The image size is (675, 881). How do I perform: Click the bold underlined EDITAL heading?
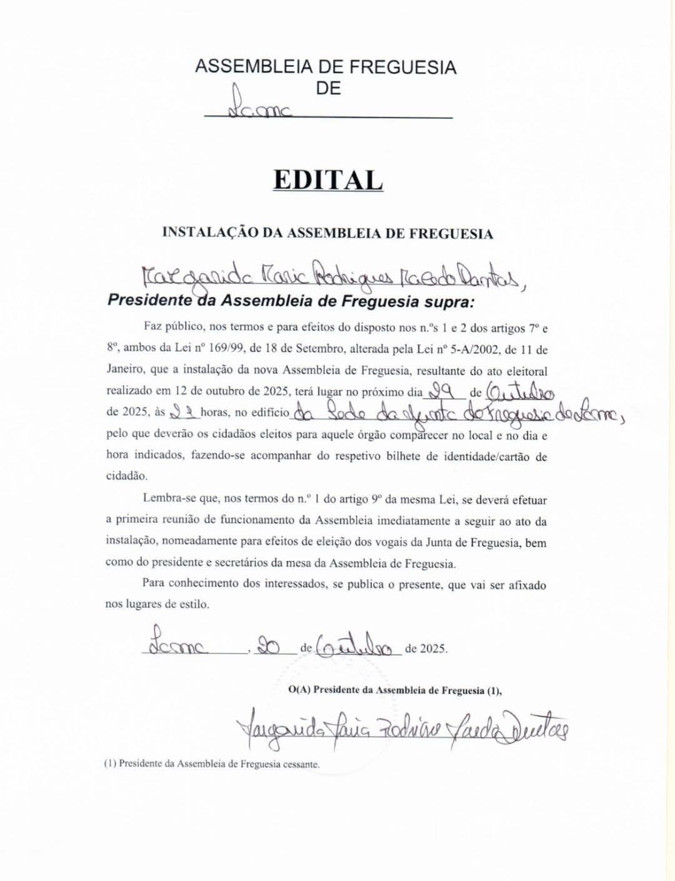pyautogui.click(x=327, y=180)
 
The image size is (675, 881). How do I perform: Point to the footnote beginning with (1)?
pyautogui.click(x=212, y=764)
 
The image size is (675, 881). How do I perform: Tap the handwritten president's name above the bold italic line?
pyautogui.click(x=325, y=274)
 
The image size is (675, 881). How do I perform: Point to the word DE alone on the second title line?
pyautogui.click(x=328, y=89)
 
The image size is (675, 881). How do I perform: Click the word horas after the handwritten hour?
pyautogui.click(x=215, y=413)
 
